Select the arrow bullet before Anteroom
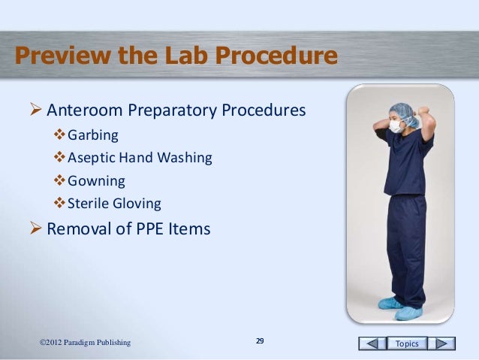point(35,111)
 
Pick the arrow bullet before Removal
point(35,228)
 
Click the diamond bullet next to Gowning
point(60,181)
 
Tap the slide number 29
point(260,342)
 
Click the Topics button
point(408,343)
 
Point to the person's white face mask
point(395,128)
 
